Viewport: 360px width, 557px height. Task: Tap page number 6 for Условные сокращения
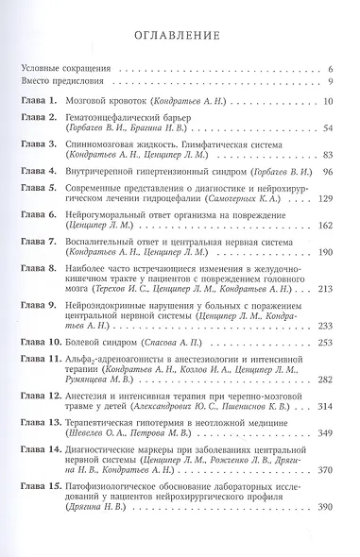331,70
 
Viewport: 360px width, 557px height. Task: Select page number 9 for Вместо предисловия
331,83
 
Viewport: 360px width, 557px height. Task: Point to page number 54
328,127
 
